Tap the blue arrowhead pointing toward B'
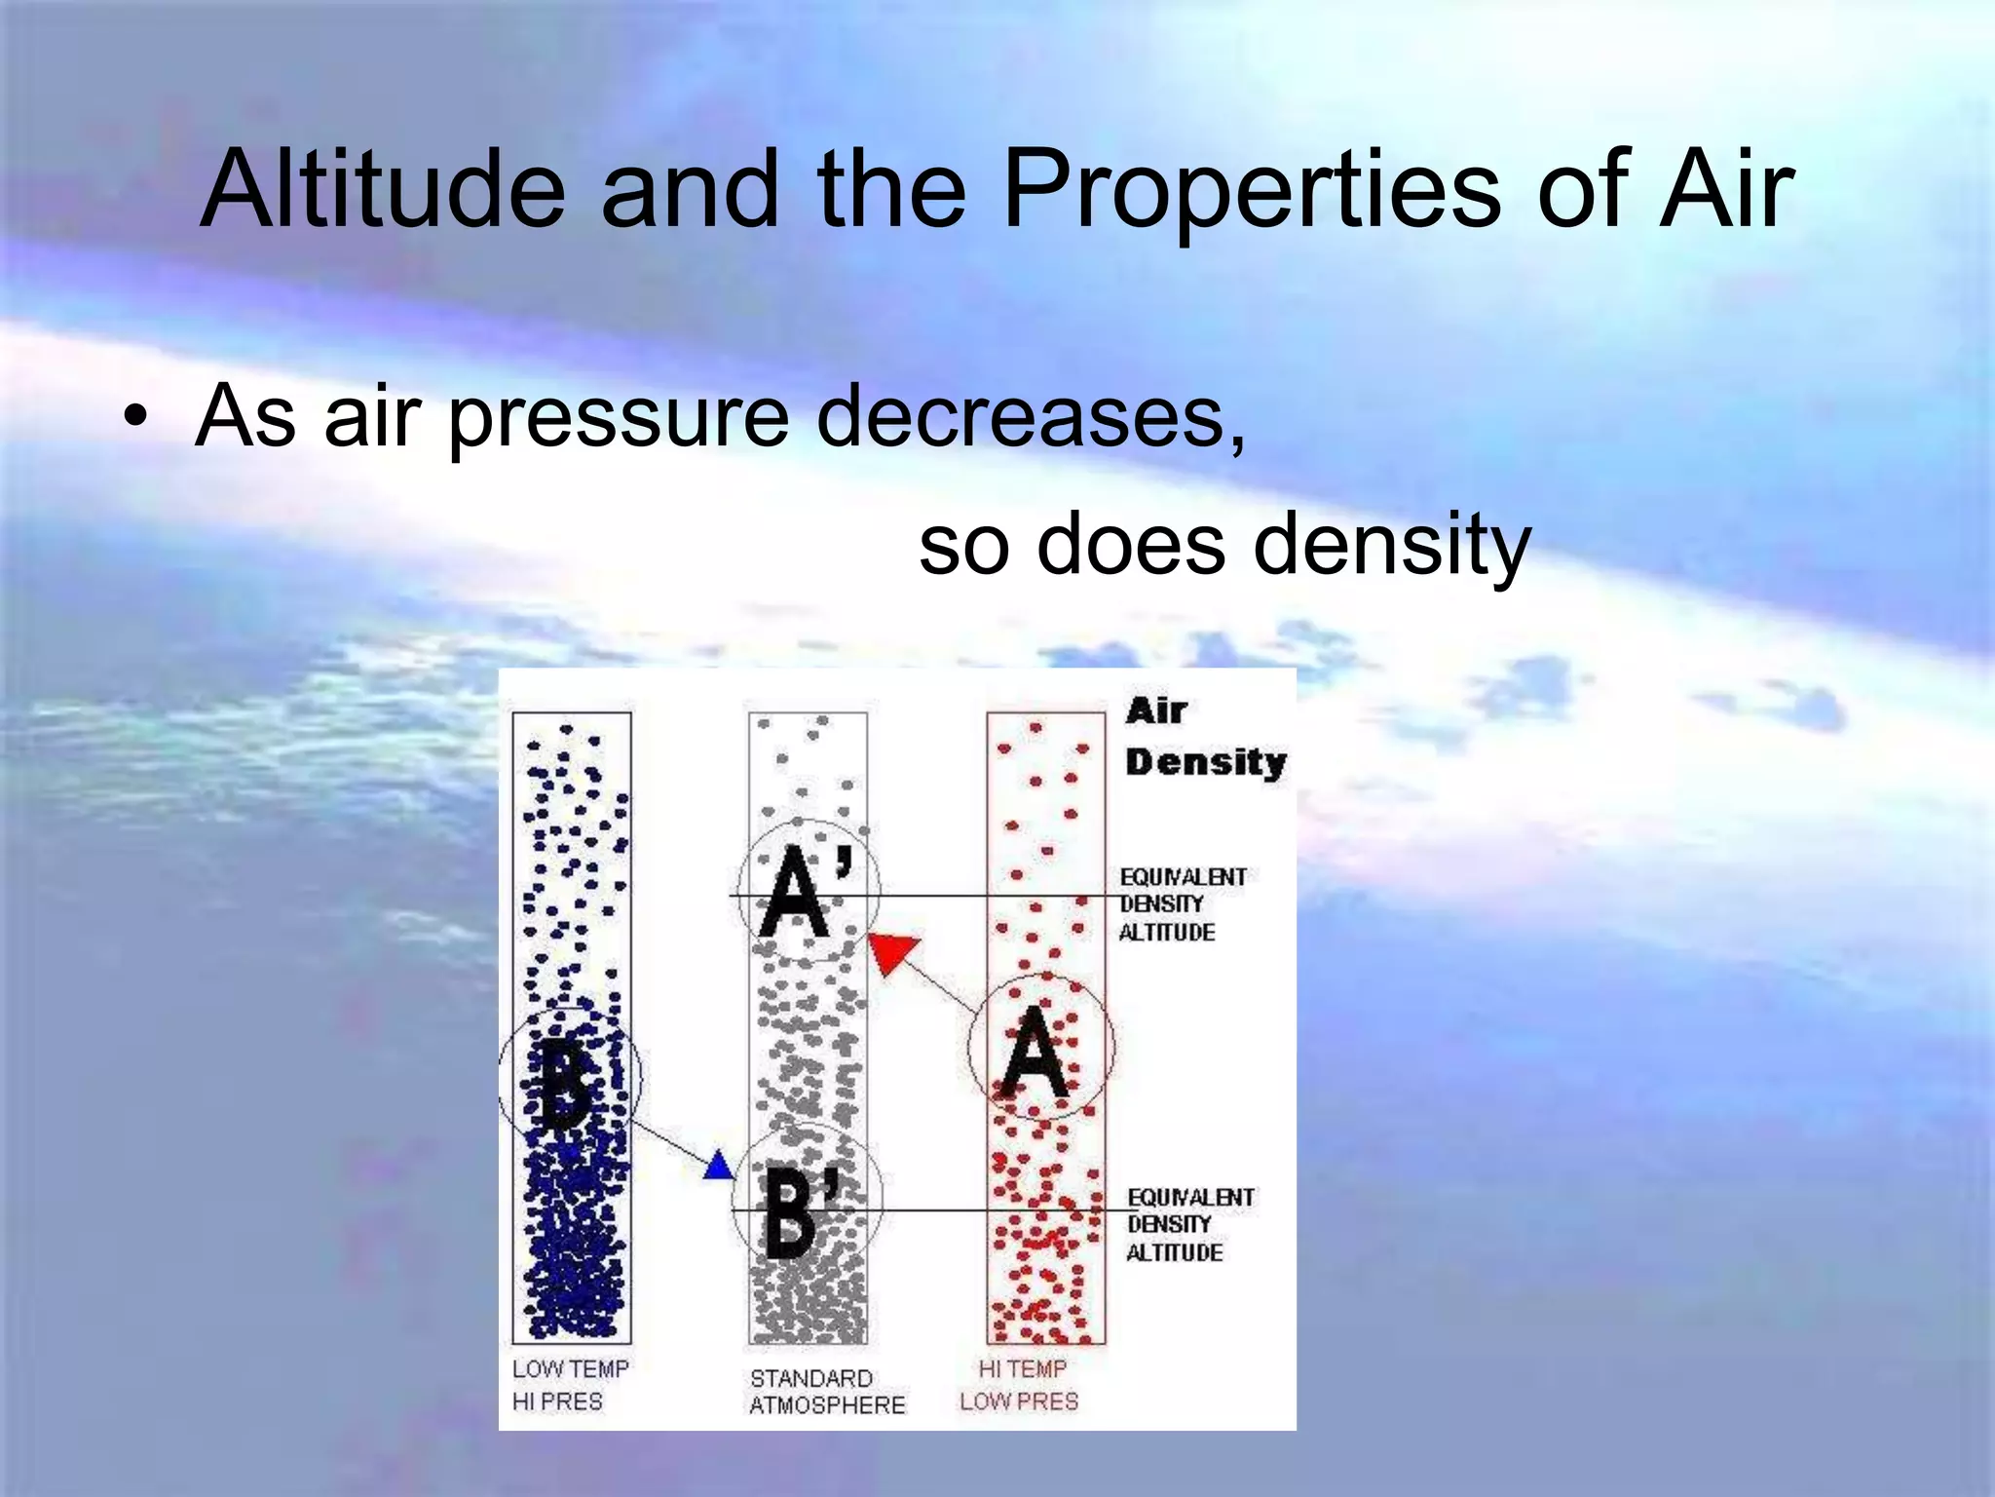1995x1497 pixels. tap(719, 1166)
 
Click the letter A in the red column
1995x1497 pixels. tap(1035, 1055)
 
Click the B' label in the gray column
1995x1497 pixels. tap(797, 1211)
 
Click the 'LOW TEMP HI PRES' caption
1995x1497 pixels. tap(569, 1385)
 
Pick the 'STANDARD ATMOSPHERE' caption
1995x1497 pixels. tap(826, 1392)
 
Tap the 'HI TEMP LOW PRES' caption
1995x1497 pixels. tap(1019, 1385)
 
